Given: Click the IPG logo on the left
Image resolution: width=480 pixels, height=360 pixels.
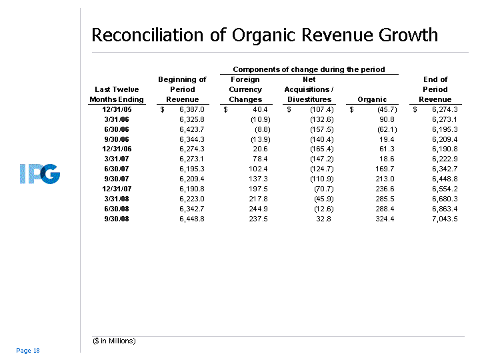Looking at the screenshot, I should coord(40,174).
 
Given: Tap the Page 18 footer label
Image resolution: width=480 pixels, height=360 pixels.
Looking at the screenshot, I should coord(28,350).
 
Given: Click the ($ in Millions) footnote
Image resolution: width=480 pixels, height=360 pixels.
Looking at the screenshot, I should coord(114,341).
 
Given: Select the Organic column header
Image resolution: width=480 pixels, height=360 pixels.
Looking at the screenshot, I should coord(372,99).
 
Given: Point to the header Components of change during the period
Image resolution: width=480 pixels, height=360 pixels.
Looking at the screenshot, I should coord(309,69).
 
